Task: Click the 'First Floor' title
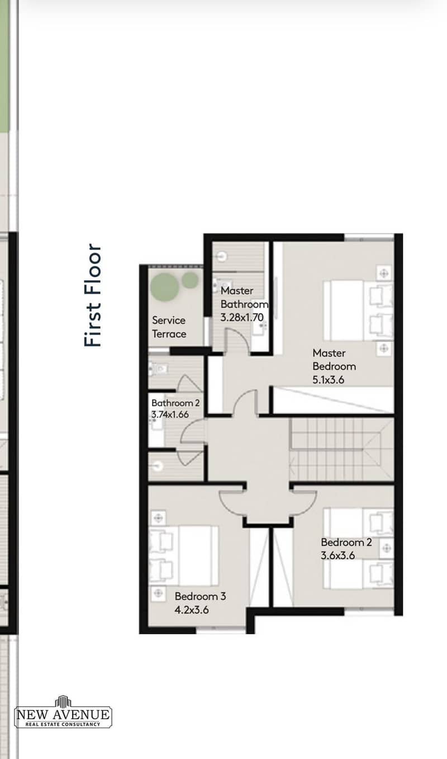(x=92, y=295)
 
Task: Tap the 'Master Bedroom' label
(x=334, y=360)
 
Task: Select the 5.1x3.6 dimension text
(x=328, y=380)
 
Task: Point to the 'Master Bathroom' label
(x=244, y=297)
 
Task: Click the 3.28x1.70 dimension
(x=242, y=318)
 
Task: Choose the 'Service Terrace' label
(x=169, y=327)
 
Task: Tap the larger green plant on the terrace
(x=164, y=287)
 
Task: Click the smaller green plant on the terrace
(x=190, y=280)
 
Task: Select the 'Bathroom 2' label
(x=175, y=403)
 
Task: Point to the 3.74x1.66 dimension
(x=170, y=414)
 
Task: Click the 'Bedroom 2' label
(x=346, y=542)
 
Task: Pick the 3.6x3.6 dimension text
(x=337, y=555)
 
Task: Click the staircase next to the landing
(x=342, y=449)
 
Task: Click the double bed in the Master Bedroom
(x=358, y=310)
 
